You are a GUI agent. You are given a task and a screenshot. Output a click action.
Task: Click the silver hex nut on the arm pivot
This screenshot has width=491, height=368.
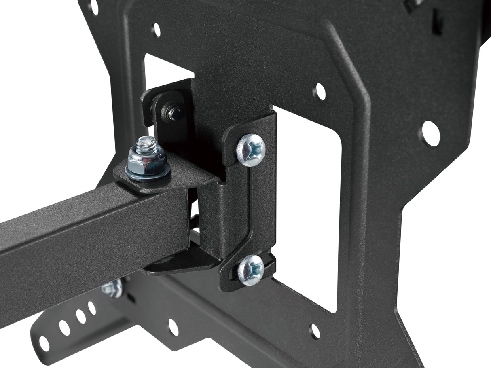(x=147, y=161)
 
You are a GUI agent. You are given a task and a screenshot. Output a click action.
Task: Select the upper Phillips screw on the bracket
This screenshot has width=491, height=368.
(x=251, y=150)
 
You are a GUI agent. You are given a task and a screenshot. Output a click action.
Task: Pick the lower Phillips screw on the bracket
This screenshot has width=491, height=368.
(x=251, y=270)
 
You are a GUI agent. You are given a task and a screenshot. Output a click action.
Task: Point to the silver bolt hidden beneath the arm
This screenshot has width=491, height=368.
(x=112, y=288)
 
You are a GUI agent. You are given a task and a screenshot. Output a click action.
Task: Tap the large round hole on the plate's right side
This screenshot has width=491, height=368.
(x=431, y=133)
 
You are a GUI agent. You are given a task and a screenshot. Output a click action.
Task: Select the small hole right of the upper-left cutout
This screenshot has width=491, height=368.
(x=319, y=92)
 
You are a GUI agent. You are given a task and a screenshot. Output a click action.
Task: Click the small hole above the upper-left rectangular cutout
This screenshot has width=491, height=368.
(x=156, y=30)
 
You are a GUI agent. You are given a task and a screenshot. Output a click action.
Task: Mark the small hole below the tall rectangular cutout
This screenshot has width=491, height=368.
(x=315, y=331)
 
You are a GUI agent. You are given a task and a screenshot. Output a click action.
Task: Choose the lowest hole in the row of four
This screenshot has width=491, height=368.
(x=44, y=344)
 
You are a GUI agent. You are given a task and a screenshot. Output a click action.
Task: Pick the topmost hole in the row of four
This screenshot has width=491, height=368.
(x=92, y=308)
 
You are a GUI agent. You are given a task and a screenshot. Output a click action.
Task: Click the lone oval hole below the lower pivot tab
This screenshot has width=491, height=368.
(x=174, y=327)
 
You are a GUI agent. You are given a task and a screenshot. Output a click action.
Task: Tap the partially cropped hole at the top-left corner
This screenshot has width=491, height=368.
(x=94, y=6)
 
